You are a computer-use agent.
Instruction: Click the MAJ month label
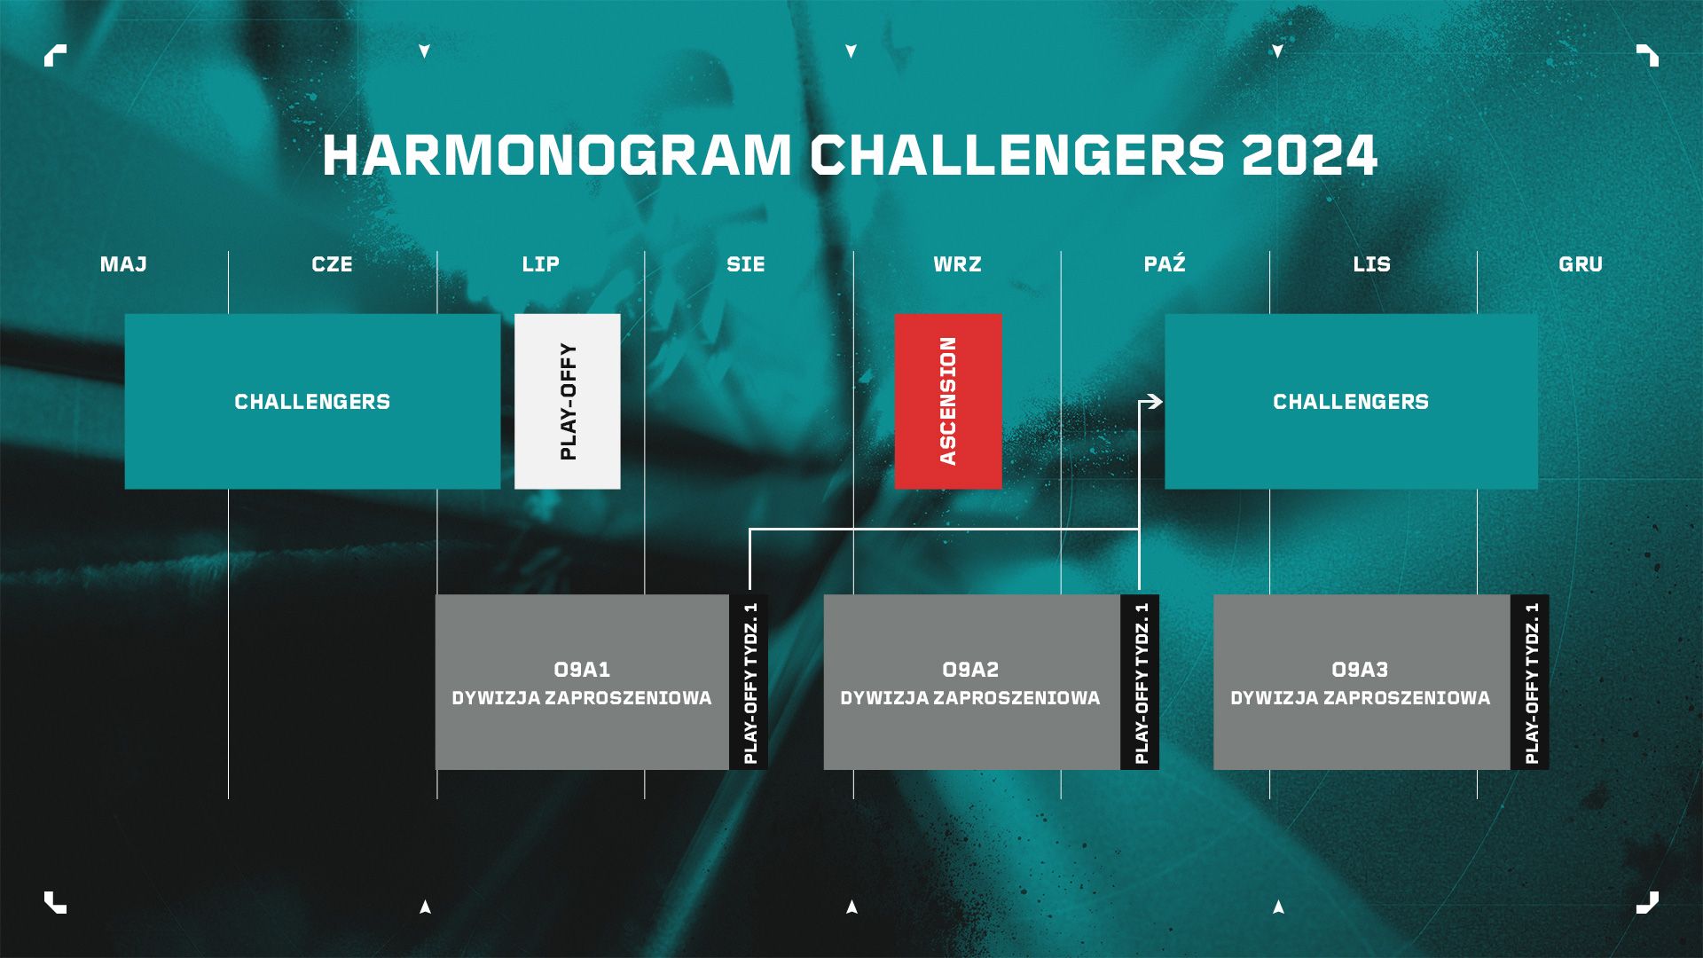(x=123, y=264)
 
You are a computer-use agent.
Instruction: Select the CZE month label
(x=332, y=264)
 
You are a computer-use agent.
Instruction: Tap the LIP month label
(x=540, y=264)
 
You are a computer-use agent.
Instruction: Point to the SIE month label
(x=745, y=264)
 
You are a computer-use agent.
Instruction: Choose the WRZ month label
(x=957, y=264)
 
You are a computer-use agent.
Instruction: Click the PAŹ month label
(x=1165, y=263)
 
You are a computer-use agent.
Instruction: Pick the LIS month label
(x=1371, y=264)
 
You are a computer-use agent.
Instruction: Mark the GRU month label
(x=1581, y=264)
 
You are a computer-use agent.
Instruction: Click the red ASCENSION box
(x=948, y=401)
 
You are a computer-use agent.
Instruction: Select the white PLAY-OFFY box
(x=567, y=401)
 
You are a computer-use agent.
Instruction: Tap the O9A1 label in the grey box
(x=582, y=670)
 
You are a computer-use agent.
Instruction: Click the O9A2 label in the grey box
(x=970, y=670)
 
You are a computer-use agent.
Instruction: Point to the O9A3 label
(x=1360, y=670)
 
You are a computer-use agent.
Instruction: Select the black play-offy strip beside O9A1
(x=749, y=682)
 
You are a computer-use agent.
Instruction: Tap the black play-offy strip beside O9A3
(x=1530, y=682)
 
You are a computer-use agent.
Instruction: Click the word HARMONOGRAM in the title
(x=557, y=155)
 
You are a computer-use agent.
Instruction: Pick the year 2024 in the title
(x=1309, y=155)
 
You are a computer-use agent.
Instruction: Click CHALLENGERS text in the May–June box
(x=312, y=402)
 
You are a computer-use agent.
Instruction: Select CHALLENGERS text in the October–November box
(x=1351, y=402)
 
